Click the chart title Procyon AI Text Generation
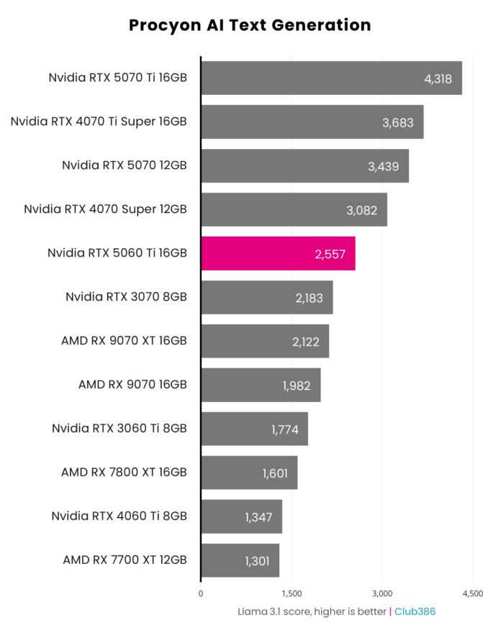point(250,25)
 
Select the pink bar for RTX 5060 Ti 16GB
point(278,253)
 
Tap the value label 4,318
point(438,78)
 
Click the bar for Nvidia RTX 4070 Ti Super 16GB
point(312,122)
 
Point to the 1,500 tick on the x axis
point(292,593)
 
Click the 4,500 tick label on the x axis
point(472,593)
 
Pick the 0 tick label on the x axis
point(201,593)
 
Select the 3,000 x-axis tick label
point(382,593)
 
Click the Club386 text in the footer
point(415,611)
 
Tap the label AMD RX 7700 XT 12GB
point(125,560)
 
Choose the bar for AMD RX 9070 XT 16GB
point(265,341)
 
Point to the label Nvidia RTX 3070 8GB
point(126,296)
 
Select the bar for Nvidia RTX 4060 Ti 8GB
point(241,516)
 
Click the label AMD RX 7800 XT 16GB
point(124,472)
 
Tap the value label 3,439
point(382,166)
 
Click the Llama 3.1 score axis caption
point(312,611)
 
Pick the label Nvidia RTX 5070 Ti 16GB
point(117,78)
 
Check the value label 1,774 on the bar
point(286,429)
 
